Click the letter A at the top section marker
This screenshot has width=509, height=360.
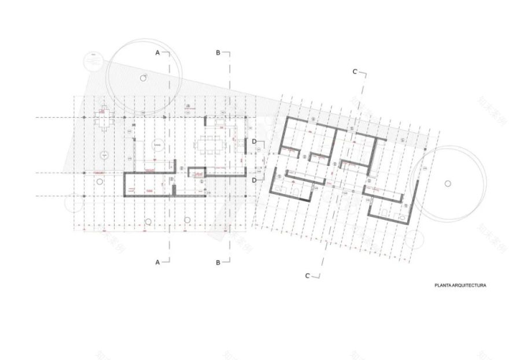(157, 53)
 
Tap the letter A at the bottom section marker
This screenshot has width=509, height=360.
(157, 262)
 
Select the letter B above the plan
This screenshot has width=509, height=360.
(218, 53)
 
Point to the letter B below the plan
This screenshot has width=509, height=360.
(218, 262)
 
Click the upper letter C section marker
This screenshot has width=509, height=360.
(355, 72)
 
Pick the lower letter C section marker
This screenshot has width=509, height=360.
(308, 276)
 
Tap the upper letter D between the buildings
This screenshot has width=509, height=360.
(254, 141)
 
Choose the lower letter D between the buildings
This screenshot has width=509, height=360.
(254, 180)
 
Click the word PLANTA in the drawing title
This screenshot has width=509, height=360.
(445, 285)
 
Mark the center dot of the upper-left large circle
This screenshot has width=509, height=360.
(142, 77)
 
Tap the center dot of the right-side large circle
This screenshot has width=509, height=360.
(447, 183)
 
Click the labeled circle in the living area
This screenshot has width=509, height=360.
(157, 145)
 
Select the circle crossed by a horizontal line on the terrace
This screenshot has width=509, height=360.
(104, 155)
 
